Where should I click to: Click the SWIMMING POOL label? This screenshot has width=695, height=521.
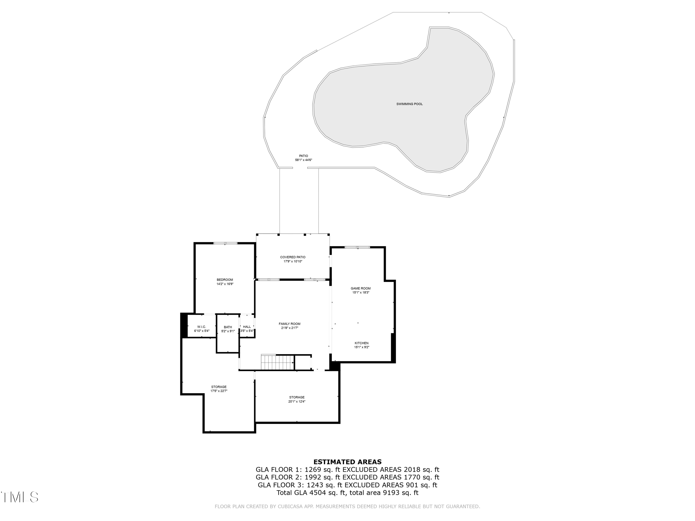tap(409, 104)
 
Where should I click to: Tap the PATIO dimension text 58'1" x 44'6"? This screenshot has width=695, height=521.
tap(303, 160)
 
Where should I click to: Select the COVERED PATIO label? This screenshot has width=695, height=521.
tap(293, 257)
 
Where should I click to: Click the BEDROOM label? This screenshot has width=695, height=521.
tap(225, 280)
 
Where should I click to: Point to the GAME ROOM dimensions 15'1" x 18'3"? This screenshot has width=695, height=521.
tap(361, 292)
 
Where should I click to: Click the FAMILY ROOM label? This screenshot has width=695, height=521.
tap(289, 324)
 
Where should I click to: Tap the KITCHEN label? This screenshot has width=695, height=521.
tap(361, 343)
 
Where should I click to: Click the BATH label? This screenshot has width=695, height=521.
tap(228, 327)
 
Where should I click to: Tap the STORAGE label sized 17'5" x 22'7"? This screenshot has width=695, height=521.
tap(219, 387)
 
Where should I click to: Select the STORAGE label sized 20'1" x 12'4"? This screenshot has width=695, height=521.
tap(297, 397)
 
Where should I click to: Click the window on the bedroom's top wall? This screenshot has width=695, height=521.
tap(225, 243)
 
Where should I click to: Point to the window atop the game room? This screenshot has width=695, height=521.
tap(357, 248)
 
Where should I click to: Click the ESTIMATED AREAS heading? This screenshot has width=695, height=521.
tap(347, 462)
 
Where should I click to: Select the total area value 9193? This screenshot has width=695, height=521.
tap(391, 493)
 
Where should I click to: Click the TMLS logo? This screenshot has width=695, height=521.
tap(19, 497)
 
